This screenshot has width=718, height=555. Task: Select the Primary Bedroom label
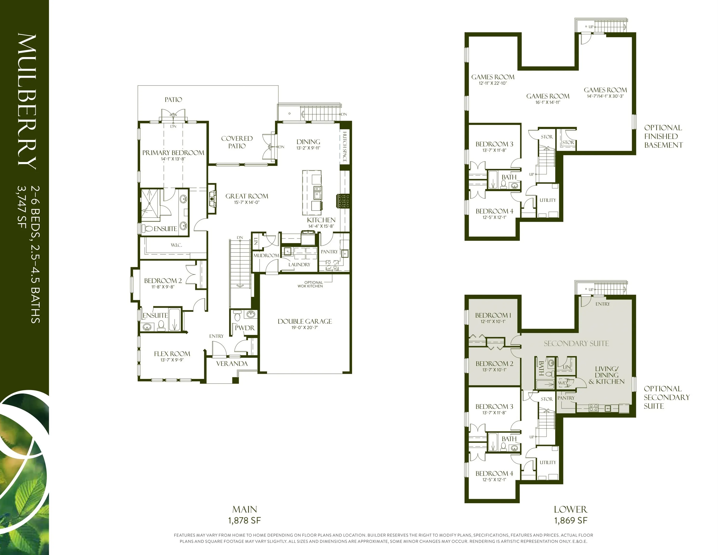(x=173, y=152)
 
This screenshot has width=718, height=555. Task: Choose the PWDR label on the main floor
(x=245, y=328)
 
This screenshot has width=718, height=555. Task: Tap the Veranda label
(x=232, y=364)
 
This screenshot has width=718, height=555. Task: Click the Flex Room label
(x=172, y=354)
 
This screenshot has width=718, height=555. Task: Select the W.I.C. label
(x=176, y=245)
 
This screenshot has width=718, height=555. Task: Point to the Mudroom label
(x=266, y=256)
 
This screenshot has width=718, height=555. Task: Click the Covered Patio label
(x=237, y=142)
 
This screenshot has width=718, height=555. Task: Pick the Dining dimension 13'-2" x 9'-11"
(x=308, y=148)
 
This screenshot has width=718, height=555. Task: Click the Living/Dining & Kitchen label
(x=606, y=375)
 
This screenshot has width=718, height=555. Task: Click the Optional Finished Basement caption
(x=663, y=136)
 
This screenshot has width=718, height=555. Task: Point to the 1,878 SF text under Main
(x=244, y=521)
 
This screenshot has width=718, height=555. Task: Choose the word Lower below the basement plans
(x=570, y=510)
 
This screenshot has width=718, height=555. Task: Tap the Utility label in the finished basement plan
(x=548, y=200)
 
